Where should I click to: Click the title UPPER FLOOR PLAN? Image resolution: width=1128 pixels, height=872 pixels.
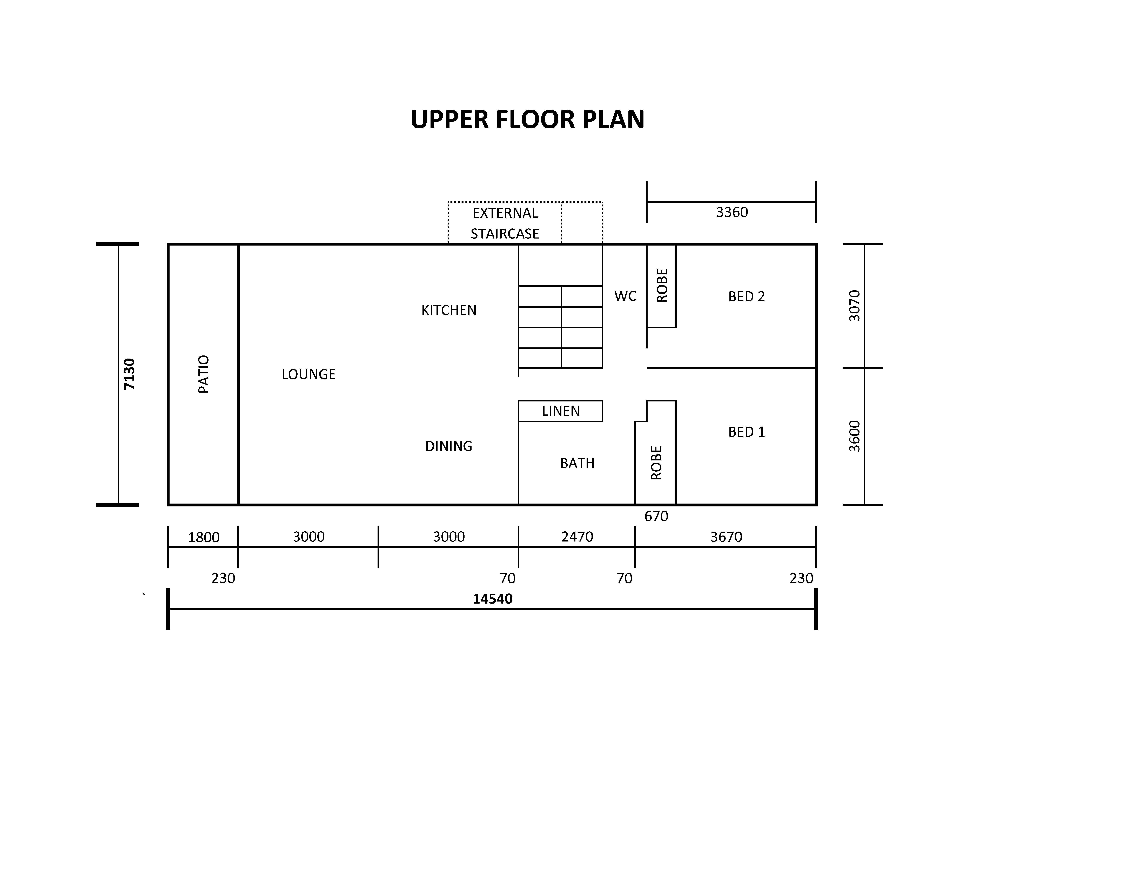[x=527, y=119]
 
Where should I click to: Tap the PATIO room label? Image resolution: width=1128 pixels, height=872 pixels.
[x=204, y=374]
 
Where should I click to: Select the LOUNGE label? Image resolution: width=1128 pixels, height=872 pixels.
[x=308, y=374]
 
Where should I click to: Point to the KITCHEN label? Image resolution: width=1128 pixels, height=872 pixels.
[x=449, y=310]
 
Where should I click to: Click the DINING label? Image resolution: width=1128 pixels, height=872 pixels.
[x=449, y=446]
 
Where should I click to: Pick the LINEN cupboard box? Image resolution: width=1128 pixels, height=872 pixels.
[x=560, y=411]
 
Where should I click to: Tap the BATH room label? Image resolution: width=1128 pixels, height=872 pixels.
[x=578, y=463]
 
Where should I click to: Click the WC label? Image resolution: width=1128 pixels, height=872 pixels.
[x=626, y=296]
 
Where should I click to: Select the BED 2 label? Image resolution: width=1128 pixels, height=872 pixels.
[x=746, y=296]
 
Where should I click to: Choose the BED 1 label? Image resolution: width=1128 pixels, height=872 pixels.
[x=746, y=432]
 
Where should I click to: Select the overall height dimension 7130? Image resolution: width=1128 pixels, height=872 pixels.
[x=129, y=374]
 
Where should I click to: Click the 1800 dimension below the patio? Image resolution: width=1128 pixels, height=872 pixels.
[x=204, y=537]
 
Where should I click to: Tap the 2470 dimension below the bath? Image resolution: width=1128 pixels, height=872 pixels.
[x=578, y=537]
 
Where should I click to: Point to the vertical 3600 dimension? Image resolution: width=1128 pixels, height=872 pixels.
[x=855, y=436]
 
